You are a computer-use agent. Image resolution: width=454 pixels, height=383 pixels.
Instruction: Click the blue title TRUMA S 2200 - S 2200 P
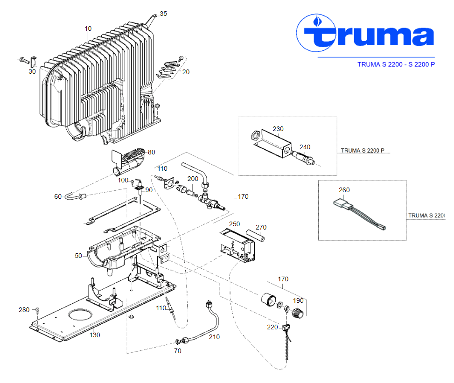point(396,64)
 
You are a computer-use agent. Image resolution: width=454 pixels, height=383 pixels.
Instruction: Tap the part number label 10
point(88,28)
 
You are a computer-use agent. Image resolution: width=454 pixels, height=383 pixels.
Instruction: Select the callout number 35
point(163,14)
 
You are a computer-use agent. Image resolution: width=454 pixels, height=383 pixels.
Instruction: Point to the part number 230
point(278,129)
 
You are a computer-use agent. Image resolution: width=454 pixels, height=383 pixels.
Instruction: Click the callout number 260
point(344,190)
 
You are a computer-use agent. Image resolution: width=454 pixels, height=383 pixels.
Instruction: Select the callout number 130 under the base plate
point(95,335)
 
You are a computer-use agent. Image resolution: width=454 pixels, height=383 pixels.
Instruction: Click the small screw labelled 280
point(38,310)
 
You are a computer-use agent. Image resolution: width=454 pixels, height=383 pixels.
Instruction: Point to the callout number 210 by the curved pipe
point(214,337)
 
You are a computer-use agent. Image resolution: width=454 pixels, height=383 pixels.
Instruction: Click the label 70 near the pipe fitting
point(177,351)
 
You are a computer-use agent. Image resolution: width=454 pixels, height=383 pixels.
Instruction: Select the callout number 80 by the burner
point(151,152)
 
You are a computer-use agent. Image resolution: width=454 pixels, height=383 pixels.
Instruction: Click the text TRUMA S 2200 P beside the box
point(363,150)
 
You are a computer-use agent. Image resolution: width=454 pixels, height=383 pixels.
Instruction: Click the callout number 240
point(304,147)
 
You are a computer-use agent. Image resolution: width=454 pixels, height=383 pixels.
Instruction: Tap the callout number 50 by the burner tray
point(78,256)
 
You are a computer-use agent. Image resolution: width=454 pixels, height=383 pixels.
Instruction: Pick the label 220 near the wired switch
point(272,327)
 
